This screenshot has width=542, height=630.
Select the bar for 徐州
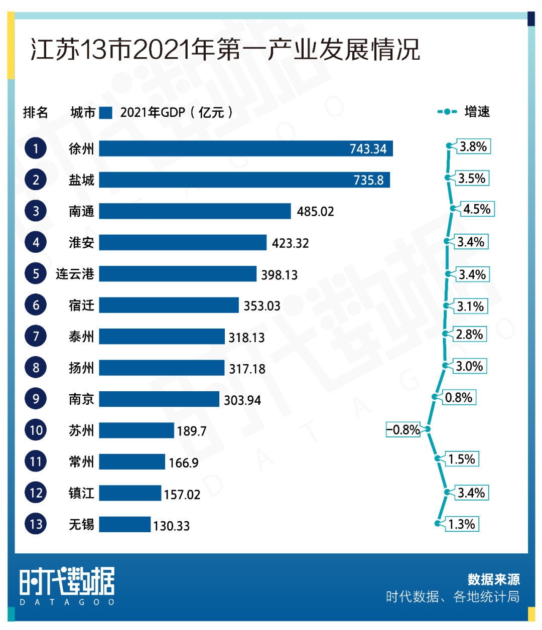(246, 148)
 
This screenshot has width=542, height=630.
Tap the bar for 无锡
(124, 524)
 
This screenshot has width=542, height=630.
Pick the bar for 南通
(195, 211)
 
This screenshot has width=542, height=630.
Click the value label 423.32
(290, 243)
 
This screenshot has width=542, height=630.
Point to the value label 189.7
(191, 431)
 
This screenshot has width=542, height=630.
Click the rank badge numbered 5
(36, 274)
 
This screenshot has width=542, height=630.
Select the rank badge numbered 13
(36, 524)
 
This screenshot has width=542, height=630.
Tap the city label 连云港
(75, 274)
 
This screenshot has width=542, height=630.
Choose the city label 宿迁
(81, 305)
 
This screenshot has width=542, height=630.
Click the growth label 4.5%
(477, 209)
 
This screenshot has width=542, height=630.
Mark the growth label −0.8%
(403, 430)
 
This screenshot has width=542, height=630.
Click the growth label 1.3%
(462, 524)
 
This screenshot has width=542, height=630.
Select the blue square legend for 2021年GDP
(105, 112)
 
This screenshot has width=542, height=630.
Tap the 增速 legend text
(477, 112)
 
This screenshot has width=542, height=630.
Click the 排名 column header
(36, 112)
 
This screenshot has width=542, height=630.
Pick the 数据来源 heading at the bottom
(493, 579)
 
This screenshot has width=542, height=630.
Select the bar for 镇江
(130, 493)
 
